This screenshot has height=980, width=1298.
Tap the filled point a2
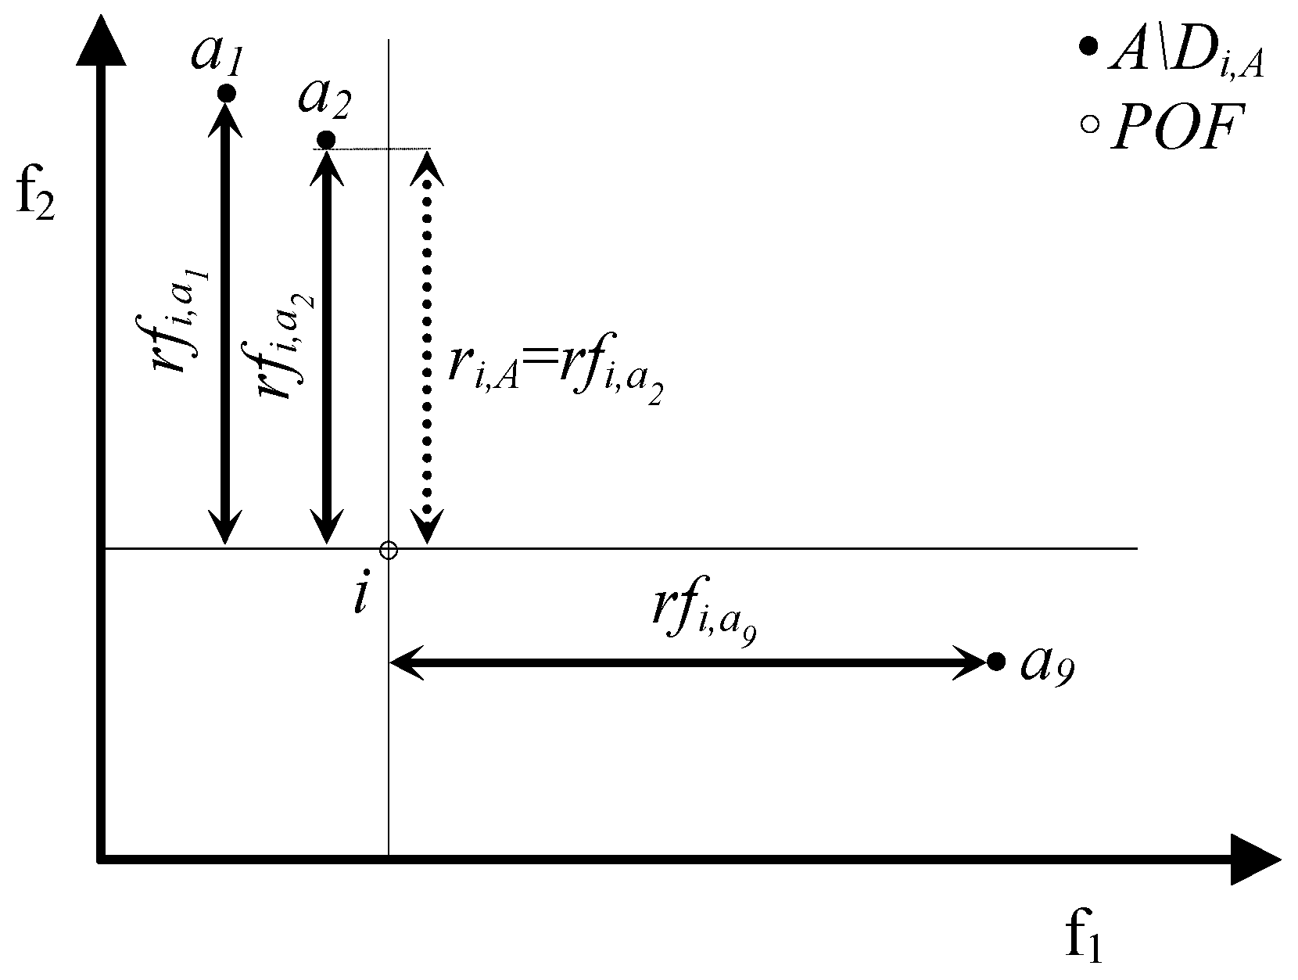click(x=327, y=140)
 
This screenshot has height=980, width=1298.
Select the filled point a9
click(x=995, y=662)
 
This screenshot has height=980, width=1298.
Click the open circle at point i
click(x=388, y=551)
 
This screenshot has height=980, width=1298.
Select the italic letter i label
click(x=360, y=598)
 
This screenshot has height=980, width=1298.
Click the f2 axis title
click(x=36, y=200)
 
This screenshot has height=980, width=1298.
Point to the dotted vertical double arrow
click(x=427, y=344)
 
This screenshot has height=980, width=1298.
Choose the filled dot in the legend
click(x=1087, y=48)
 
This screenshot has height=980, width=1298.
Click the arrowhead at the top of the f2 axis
click(x=100, y=39)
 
